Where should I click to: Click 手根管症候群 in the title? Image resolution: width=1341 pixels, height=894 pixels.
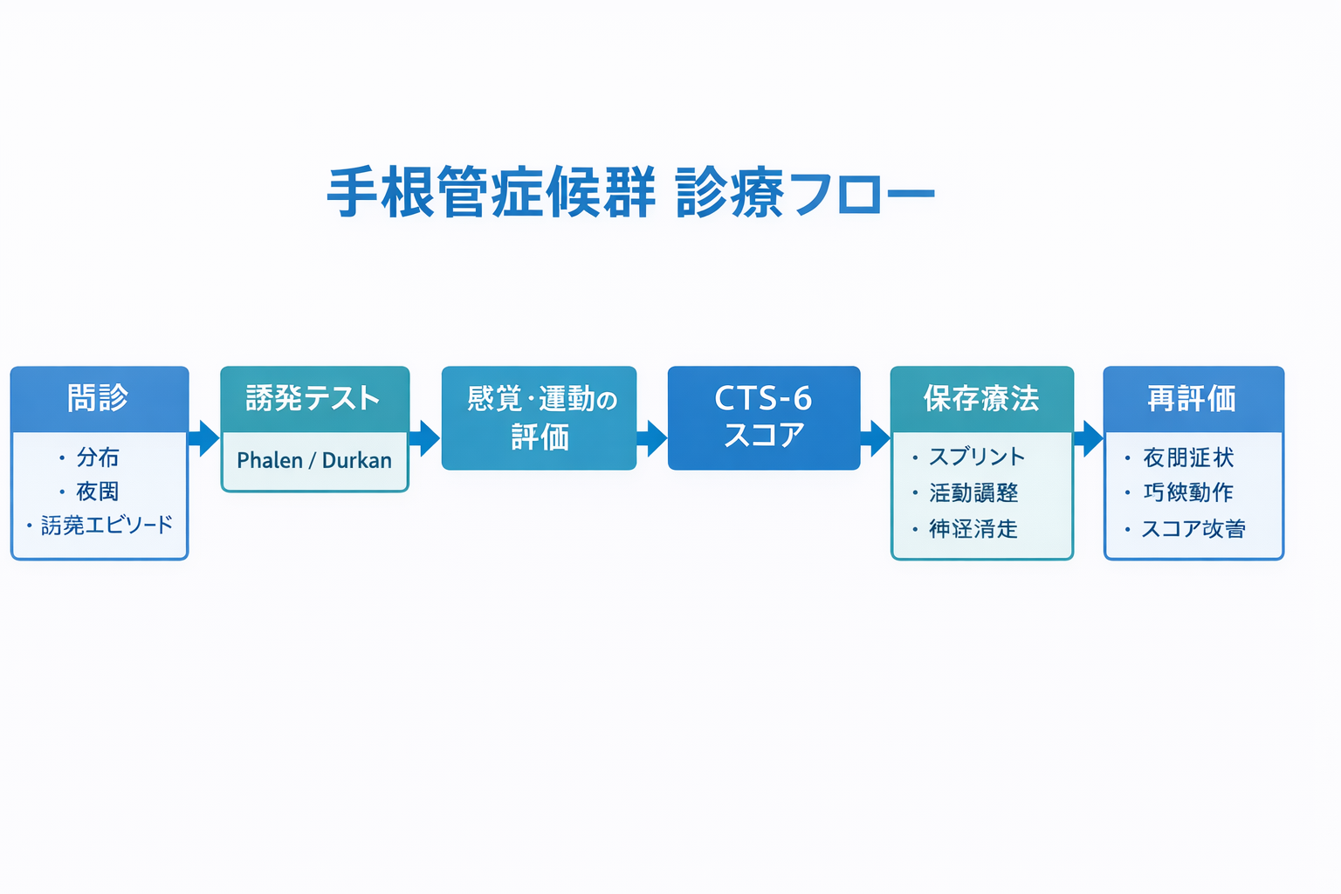click(x=491, y=192)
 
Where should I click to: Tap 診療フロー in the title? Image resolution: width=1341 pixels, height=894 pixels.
click(x=805, y=192)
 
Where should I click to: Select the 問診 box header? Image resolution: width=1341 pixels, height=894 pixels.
click(x=99, y=398)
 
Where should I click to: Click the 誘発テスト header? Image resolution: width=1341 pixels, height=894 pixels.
click(x=314, y=399)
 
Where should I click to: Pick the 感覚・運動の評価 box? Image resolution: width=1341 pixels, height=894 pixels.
click(x=539, y=418)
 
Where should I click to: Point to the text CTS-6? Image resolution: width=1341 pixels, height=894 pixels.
click(x=763, y=399)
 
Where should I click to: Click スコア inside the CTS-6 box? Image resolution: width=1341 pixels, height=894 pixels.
click(x=763, y=436)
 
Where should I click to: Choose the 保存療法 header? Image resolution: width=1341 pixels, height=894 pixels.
click(x=981, y=399)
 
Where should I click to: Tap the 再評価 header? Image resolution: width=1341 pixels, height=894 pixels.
click(x=1193, y=399)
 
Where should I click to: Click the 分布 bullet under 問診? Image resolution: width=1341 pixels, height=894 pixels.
click(x=97, y=457)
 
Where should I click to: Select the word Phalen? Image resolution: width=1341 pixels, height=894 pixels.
click(x=269, y=460)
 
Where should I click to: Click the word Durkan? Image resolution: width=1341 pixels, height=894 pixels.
click(x=357, y=460)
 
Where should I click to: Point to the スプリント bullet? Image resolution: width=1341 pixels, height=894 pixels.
click(x=976, y=457)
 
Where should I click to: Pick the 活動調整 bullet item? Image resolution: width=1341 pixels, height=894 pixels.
click(x=973, y=493)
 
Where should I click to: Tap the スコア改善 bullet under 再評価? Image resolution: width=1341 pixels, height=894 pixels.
click(x=1193, y=529)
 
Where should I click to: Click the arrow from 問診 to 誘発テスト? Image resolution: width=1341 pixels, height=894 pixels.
click(x=204, y=438)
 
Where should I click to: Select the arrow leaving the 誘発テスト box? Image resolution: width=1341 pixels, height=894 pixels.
click(x=425, y=438)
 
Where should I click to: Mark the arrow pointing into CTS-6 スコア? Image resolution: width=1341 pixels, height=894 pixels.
click(x=652, y=438)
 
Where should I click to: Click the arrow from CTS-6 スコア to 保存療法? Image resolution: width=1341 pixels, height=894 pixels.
click(x=876, y=438)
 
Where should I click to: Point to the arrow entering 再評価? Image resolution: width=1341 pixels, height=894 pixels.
click(x=1089, y=438)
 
